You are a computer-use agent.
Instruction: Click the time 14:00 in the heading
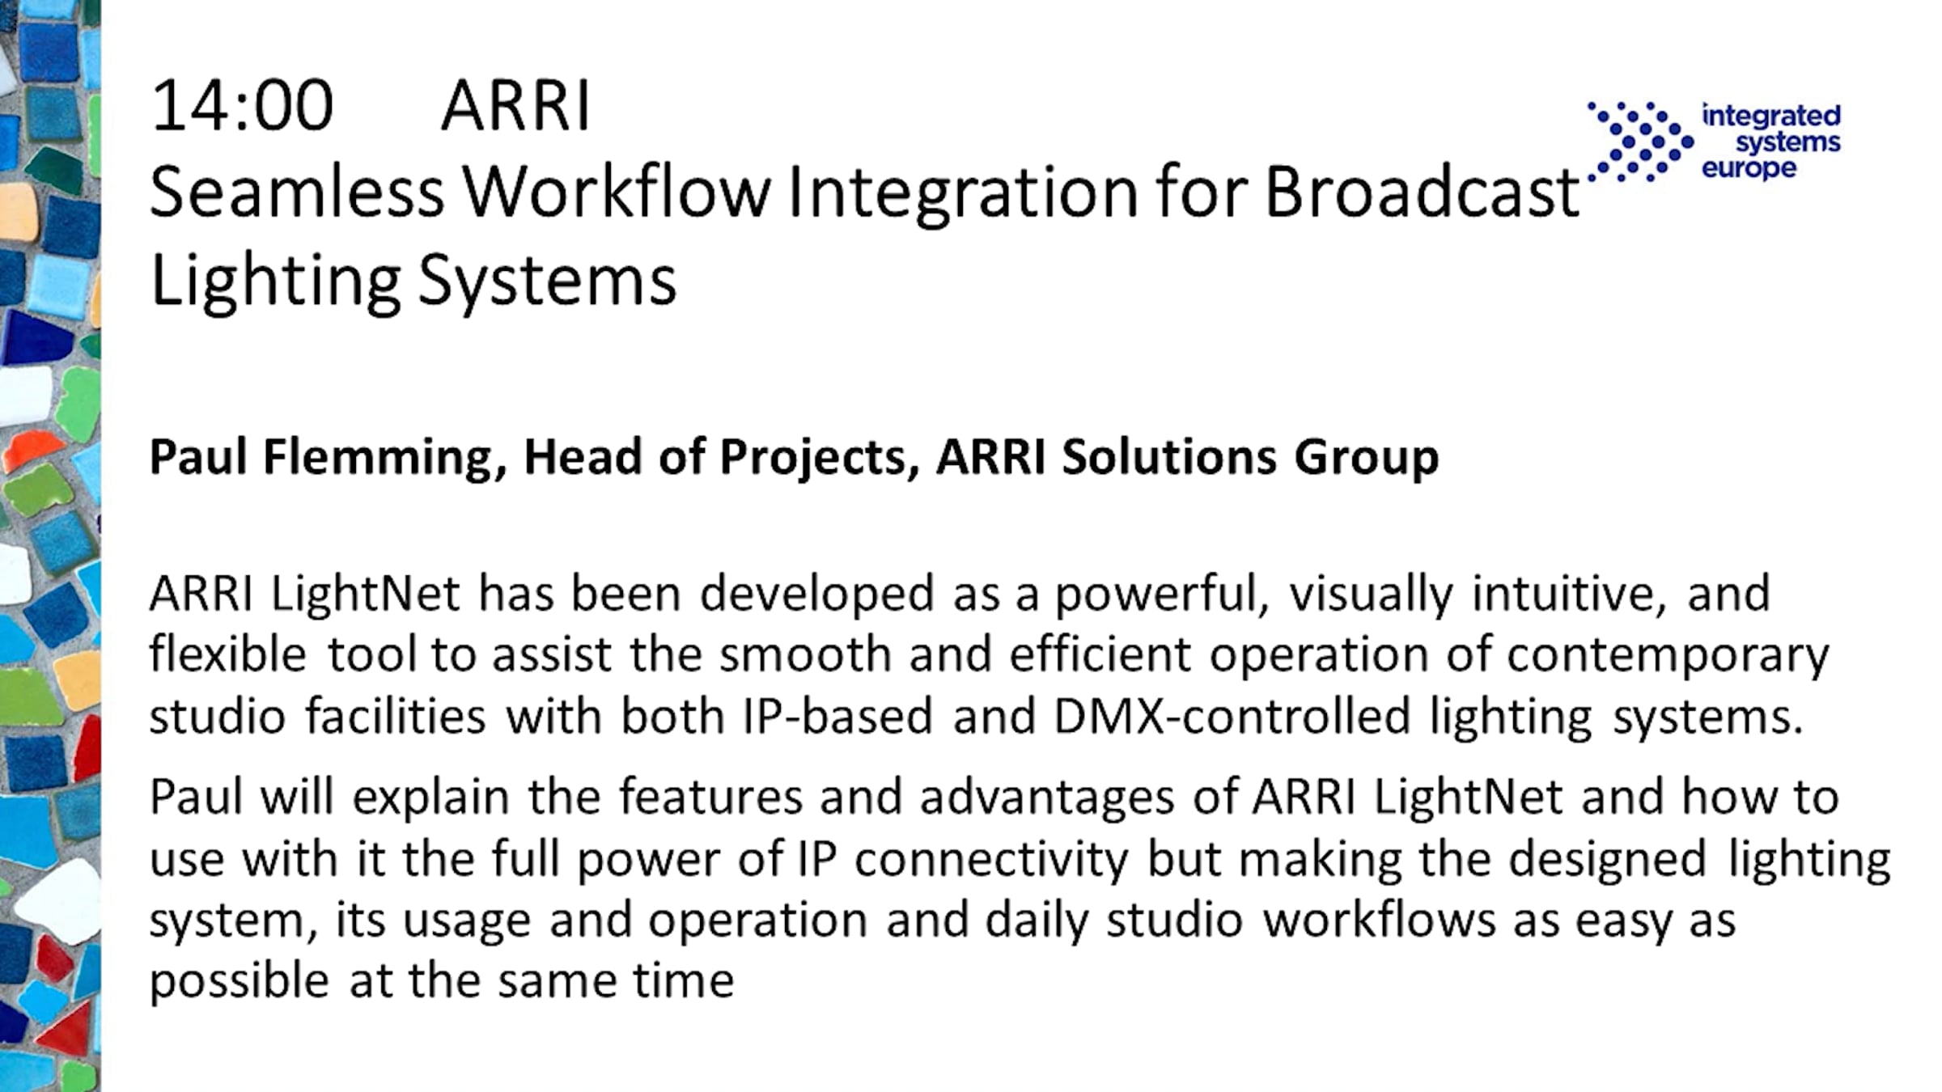point(241,105)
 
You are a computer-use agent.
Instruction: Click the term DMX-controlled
point(1232,715)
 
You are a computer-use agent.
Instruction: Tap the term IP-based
point(837,715)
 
